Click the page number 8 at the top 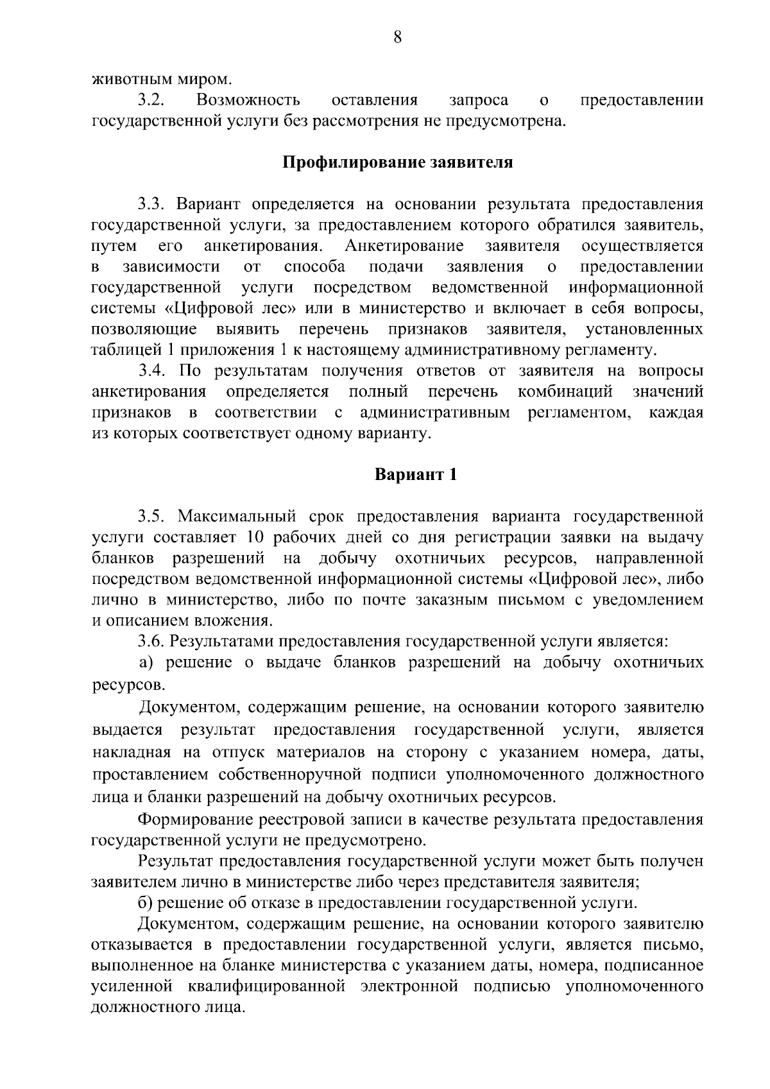tap(397, 38)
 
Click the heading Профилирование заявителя tap(398, 162)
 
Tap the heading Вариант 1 tap(416, 476)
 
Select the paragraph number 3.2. tap(151, 100)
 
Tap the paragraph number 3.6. tap(151, 641)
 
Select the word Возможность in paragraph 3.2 tap(248, 100)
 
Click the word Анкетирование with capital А tap(404, 246)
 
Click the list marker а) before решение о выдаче tap(145, 662)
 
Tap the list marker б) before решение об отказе tap(145, 903)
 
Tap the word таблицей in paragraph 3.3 tap(126, 350)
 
